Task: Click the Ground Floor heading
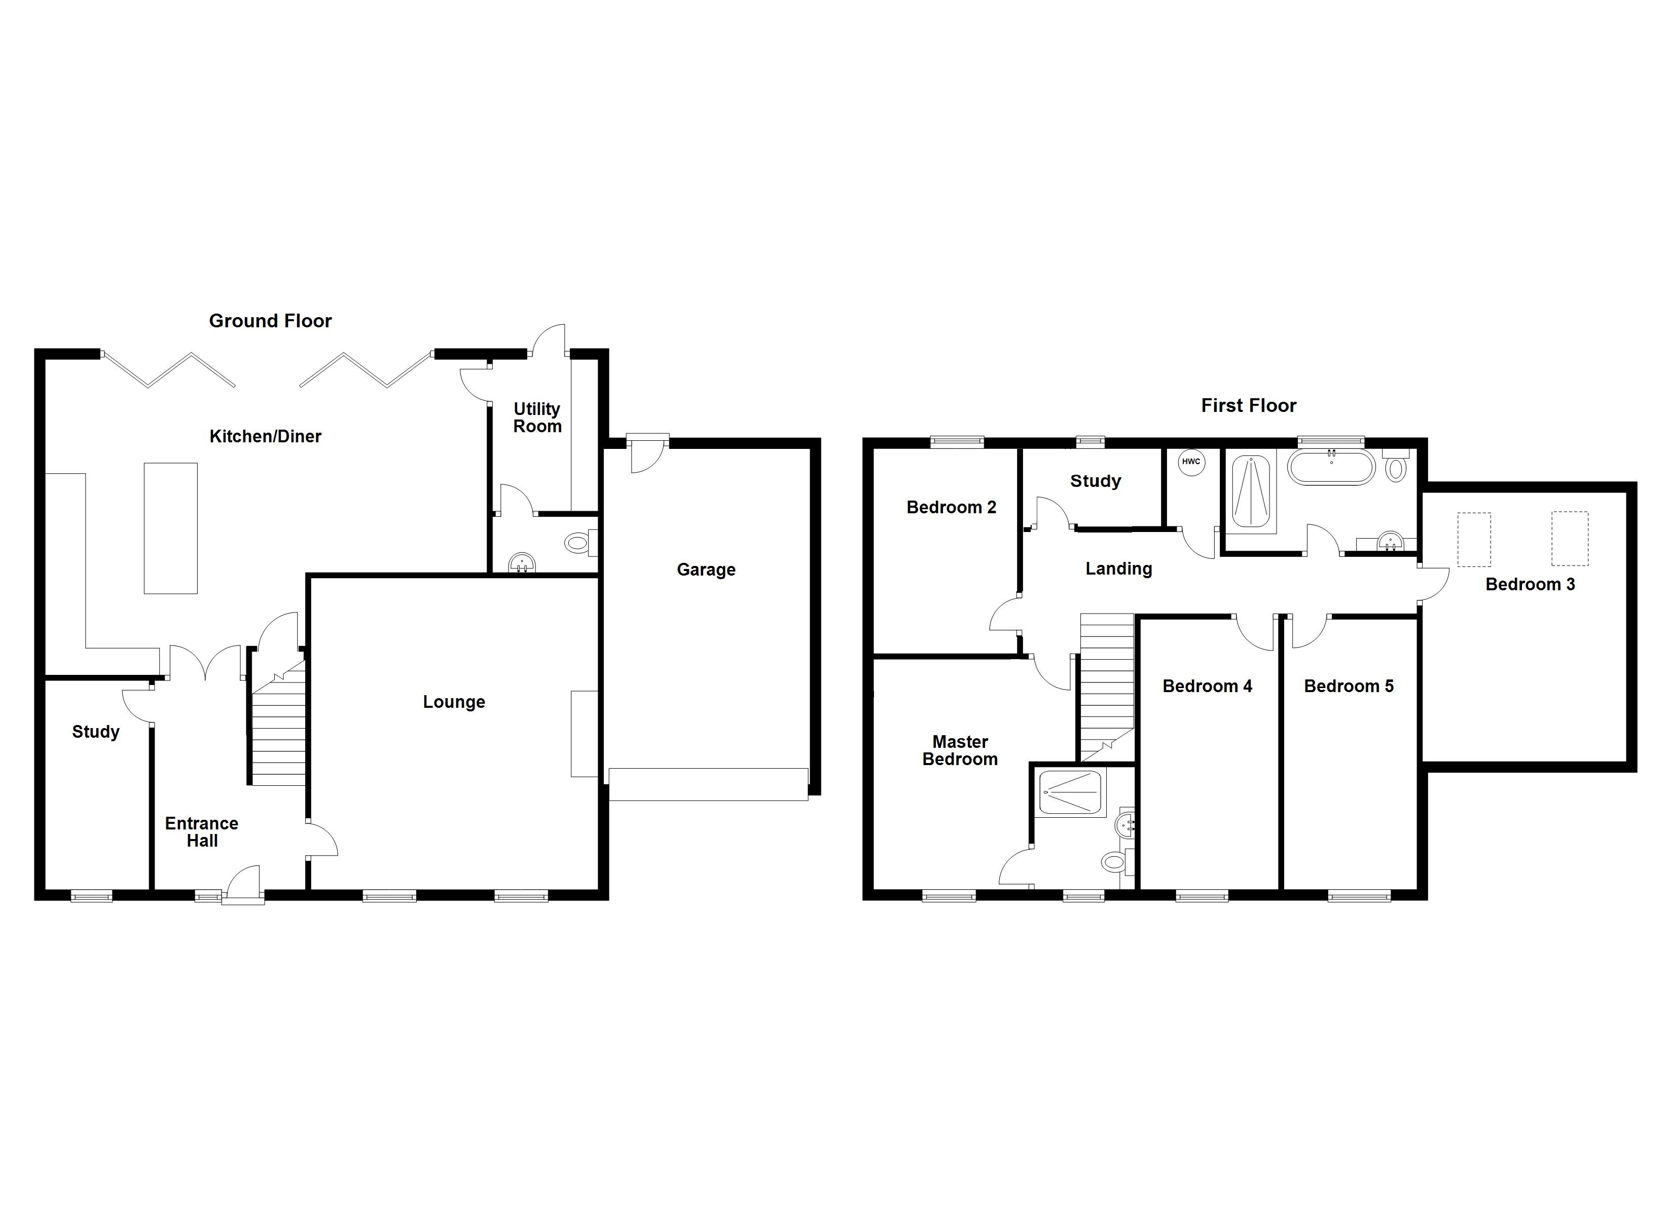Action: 270,321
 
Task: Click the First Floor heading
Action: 1248,405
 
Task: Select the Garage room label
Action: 706,569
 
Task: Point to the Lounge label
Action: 454,702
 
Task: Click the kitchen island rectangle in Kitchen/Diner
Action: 170,528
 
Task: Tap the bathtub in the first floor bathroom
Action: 1331,468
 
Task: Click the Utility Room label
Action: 537,417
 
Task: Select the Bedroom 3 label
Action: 1530,585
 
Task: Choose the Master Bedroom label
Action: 960,751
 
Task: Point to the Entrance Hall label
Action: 201,832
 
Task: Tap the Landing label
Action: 1118,568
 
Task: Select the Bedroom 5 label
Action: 1349,687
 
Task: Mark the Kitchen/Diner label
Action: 266,437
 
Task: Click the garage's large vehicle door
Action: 708,785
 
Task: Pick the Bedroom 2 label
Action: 951,507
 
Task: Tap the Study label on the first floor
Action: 1096,481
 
